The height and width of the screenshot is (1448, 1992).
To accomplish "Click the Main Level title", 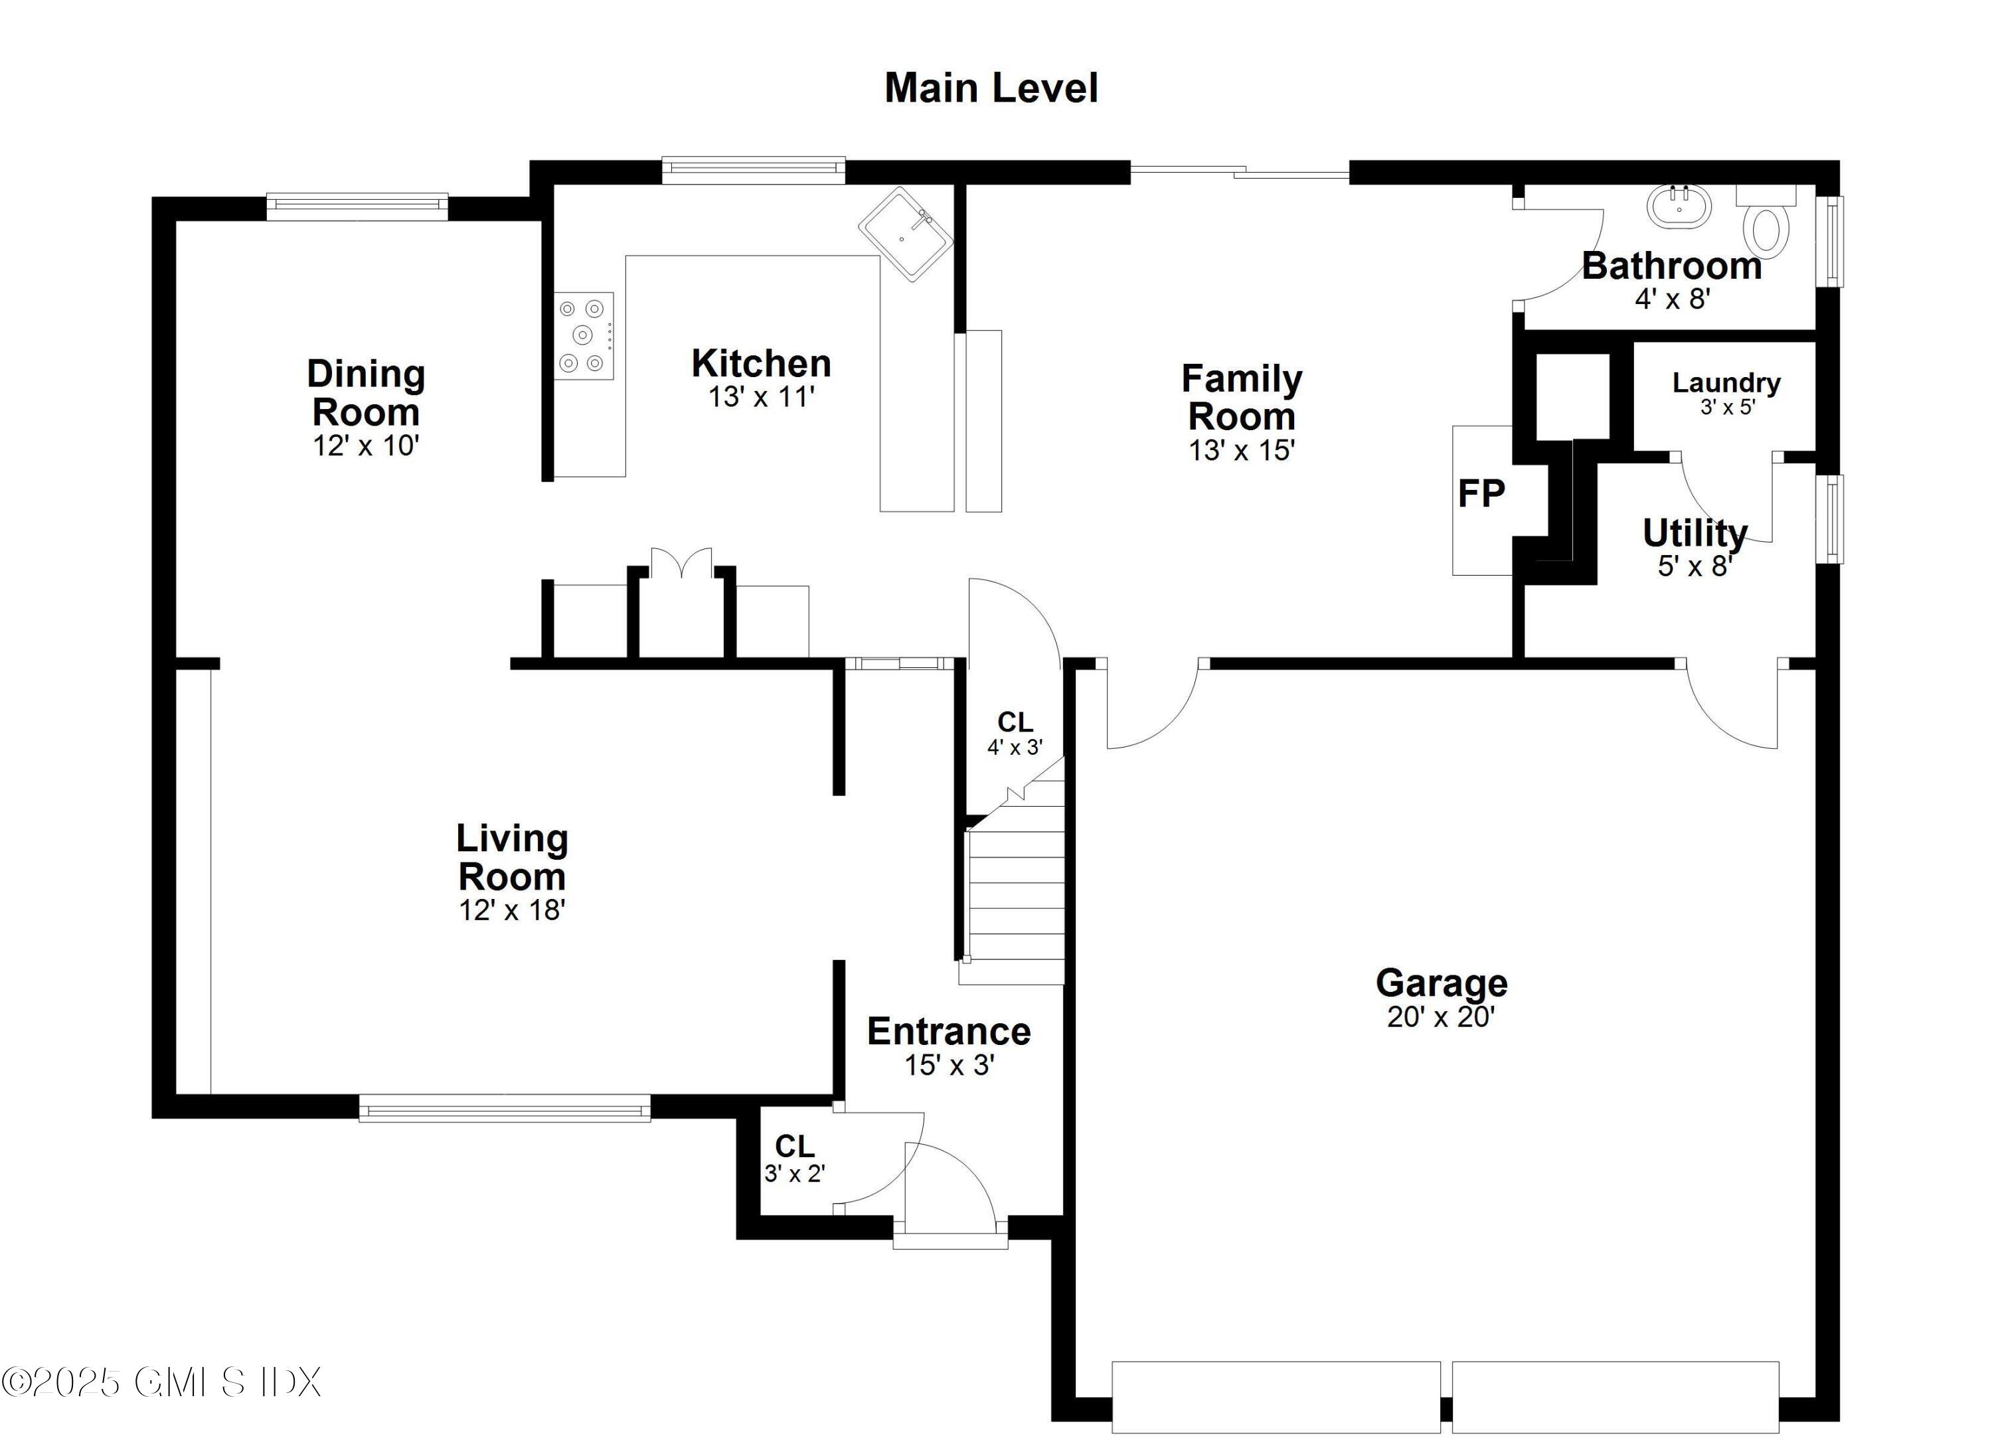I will [991, 88].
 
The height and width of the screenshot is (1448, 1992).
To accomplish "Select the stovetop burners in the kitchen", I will [583, 335].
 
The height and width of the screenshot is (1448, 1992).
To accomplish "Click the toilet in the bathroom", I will [1766, 226].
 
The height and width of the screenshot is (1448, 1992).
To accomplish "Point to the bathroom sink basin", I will [1679, 207].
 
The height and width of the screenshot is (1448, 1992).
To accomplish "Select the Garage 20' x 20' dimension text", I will [1440, 1017].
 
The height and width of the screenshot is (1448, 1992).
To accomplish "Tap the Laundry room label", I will [1726, 383].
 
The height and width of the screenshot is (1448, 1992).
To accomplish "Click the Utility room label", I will [1695, 533].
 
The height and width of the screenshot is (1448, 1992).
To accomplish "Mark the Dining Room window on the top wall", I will [357, 206].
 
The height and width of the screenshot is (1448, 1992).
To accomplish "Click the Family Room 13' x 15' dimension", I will [1241, 451].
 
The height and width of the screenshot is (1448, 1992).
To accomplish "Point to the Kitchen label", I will [761, 364].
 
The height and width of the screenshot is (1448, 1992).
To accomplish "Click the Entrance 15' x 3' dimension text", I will [949, 1065].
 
